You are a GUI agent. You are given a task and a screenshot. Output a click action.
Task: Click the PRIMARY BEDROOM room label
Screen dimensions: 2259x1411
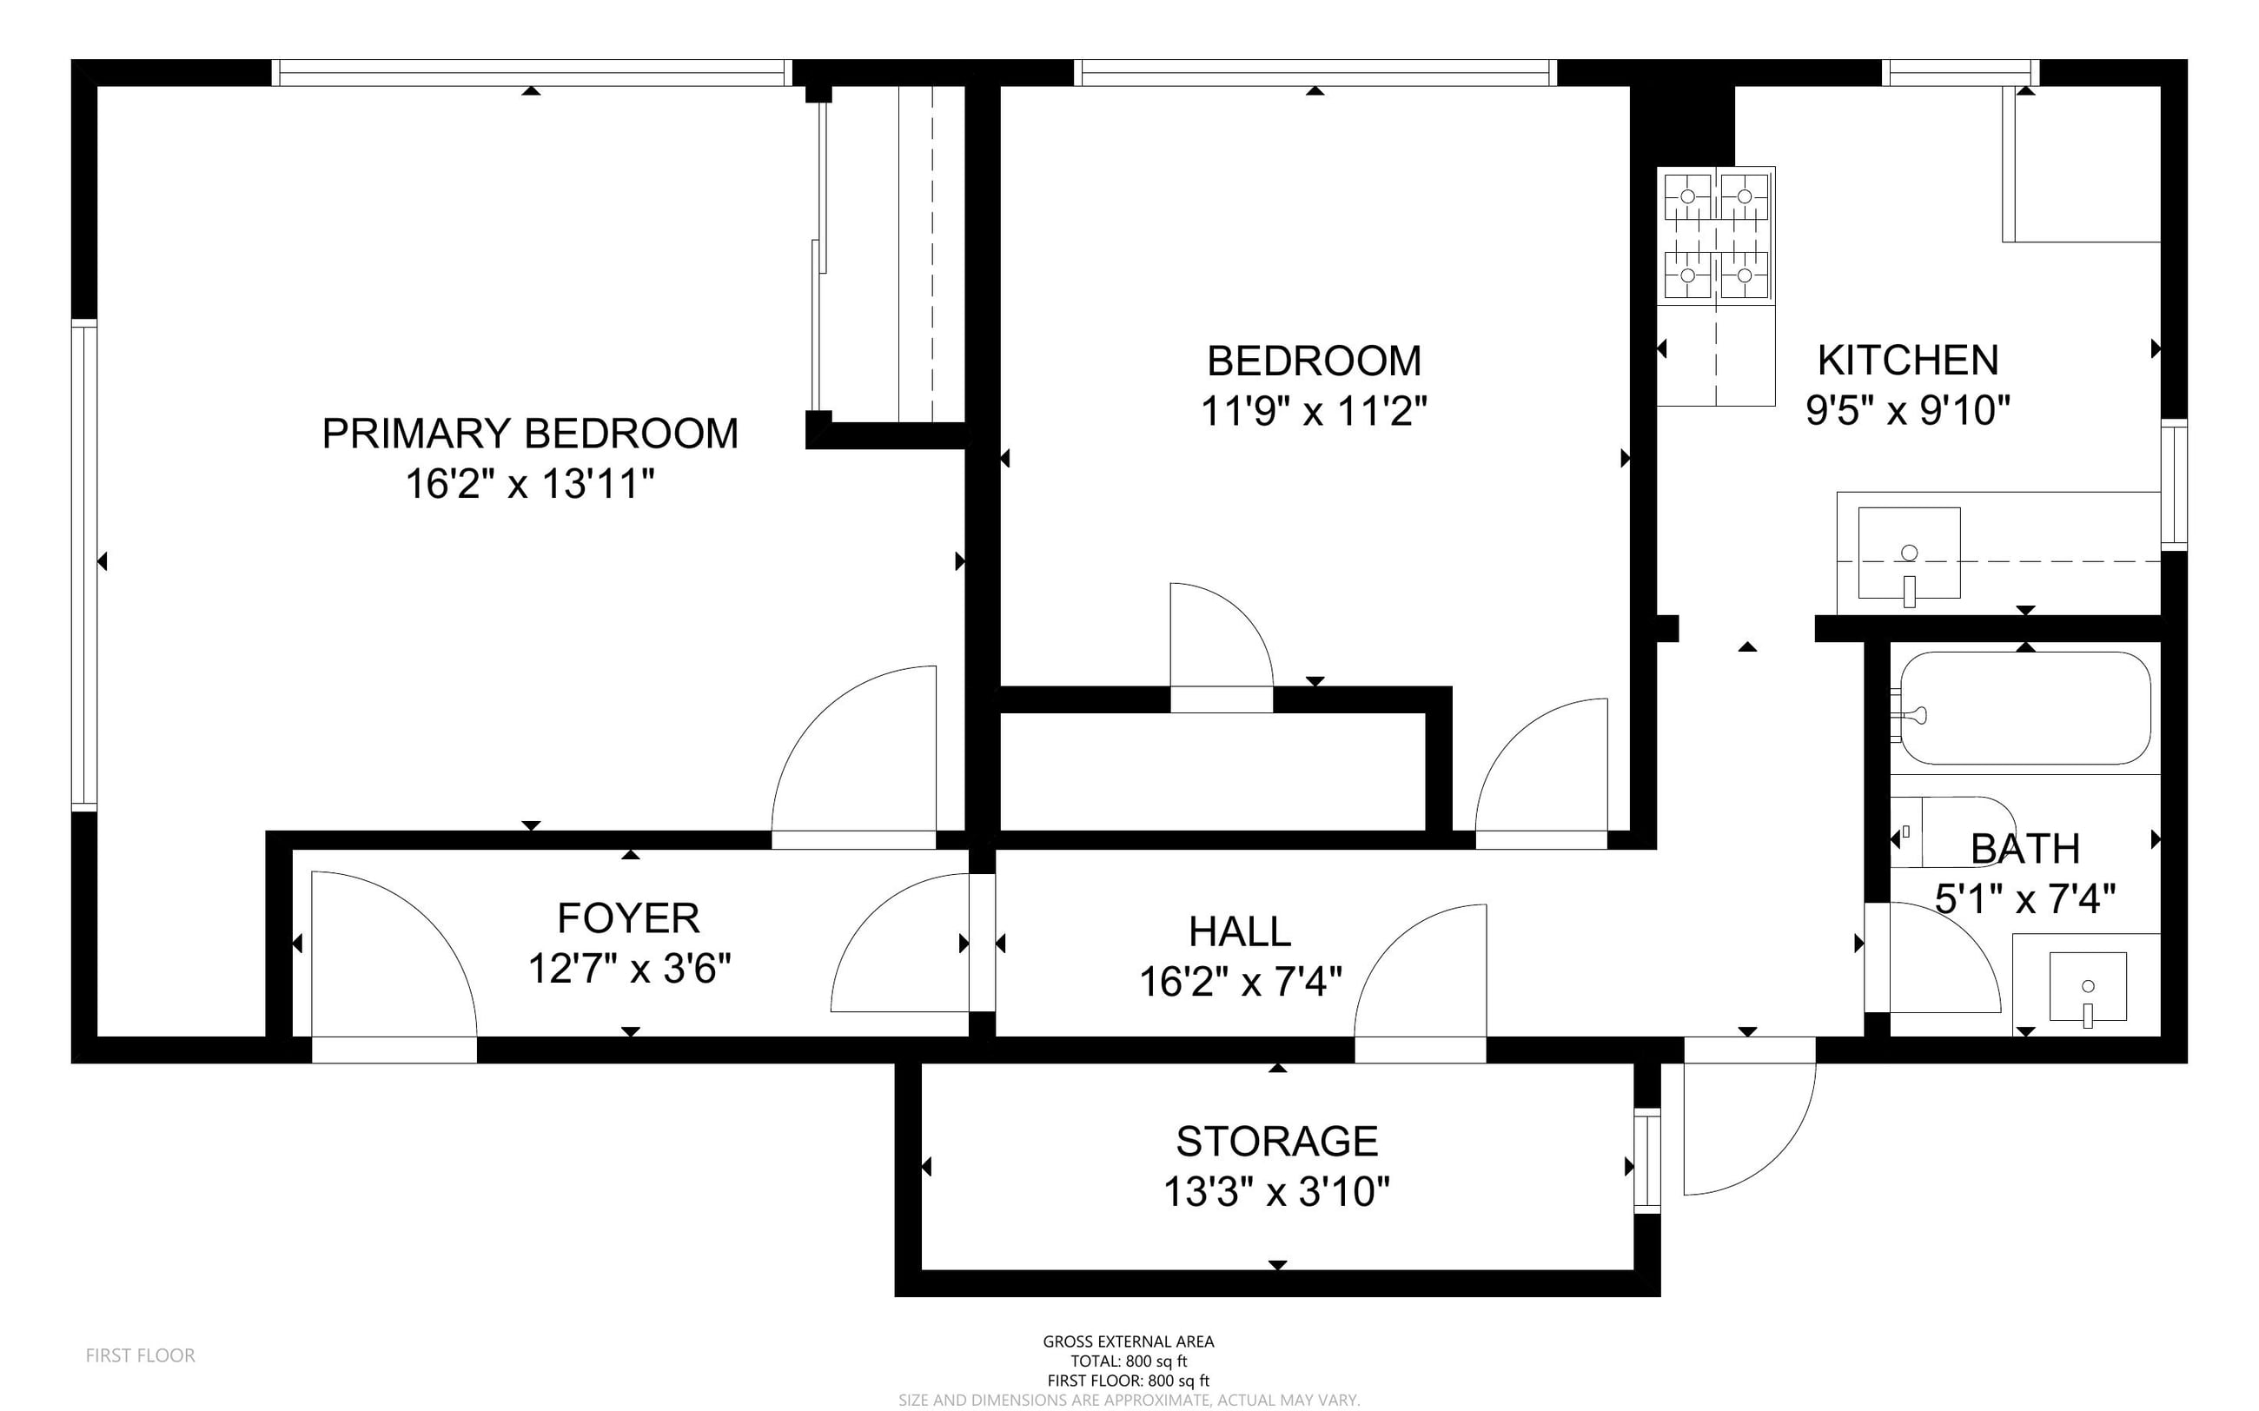[x=530, y=433]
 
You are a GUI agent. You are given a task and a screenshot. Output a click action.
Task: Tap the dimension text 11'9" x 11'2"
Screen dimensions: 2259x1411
[x=1314, y=411]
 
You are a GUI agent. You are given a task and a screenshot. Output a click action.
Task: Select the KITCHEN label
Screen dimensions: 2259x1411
[x=1908, y=361]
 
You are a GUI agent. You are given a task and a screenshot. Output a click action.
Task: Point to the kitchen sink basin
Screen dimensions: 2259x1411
[x=1909, y=554]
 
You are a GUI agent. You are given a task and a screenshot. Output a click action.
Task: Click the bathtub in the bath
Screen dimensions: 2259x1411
[x=2024, y=708]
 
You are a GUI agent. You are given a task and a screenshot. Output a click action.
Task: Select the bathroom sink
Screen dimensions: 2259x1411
[x=2088, y=987]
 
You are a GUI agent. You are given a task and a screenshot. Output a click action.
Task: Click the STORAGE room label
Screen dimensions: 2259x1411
[x=1276, y=1142]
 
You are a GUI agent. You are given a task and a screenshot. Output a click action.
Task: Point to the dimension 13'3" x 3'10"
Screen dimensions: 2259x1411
[x=1276, y=1192]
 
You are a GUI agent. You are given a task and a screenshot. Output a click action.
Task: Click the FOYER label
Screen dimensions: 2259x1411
[x=628, y=918]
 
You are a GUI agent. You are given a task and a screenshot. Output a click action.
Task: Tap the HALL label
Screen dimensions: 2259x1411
[x=1240, y=931]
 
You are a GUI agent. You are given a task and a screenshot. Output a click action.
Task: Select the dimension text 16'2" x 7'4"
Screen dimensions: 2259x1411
[x=1240, y=982]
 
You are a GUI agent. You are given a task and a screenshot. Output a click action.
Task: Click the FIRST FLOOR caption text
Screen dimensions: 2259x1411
[x=140, y=1355]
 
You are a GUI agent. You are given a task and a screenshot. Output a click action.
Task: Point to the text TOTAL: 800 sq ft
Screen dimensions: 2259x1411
[x=1128, y=1361]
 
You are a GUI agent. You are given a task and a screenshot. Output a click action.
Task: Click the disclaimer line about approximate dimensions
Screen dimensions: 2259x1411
[x=1128, y=1400]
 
